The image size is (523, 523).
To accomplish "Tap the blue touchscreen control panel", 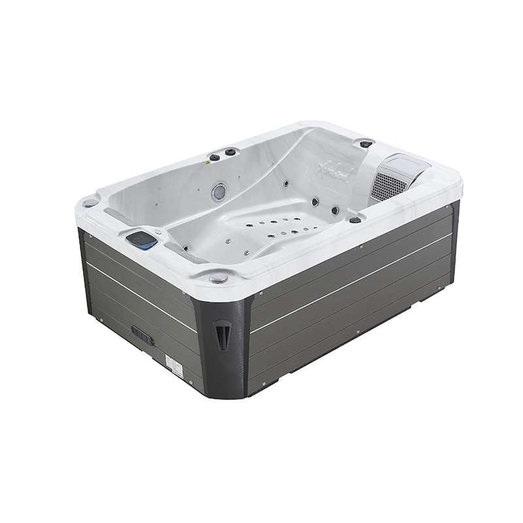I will tap(142, 240).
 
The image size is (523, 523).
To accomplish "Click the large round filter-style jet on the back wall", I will tap(219, 192).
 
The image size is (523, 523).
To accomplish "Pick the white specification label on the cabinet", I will tap(175, 365).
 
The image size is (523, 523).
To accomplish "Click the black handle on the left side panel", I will tap(143, 335).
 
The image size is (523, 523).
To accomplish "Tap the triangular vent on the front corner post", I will tap(223, 333).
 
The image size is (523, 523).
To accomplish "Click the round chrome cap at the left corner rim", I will tap(90, 203).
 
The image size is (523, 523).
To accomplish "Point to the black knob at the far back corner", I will tap(366, 143).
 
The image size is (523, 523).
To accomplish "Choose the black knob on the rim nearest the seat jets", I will tap(355, 220).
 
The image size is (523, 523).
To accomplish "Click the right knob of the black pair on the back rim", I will tap(230, 152).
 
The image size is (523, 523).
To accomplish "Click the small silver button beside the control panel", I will tap(158, 231).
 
